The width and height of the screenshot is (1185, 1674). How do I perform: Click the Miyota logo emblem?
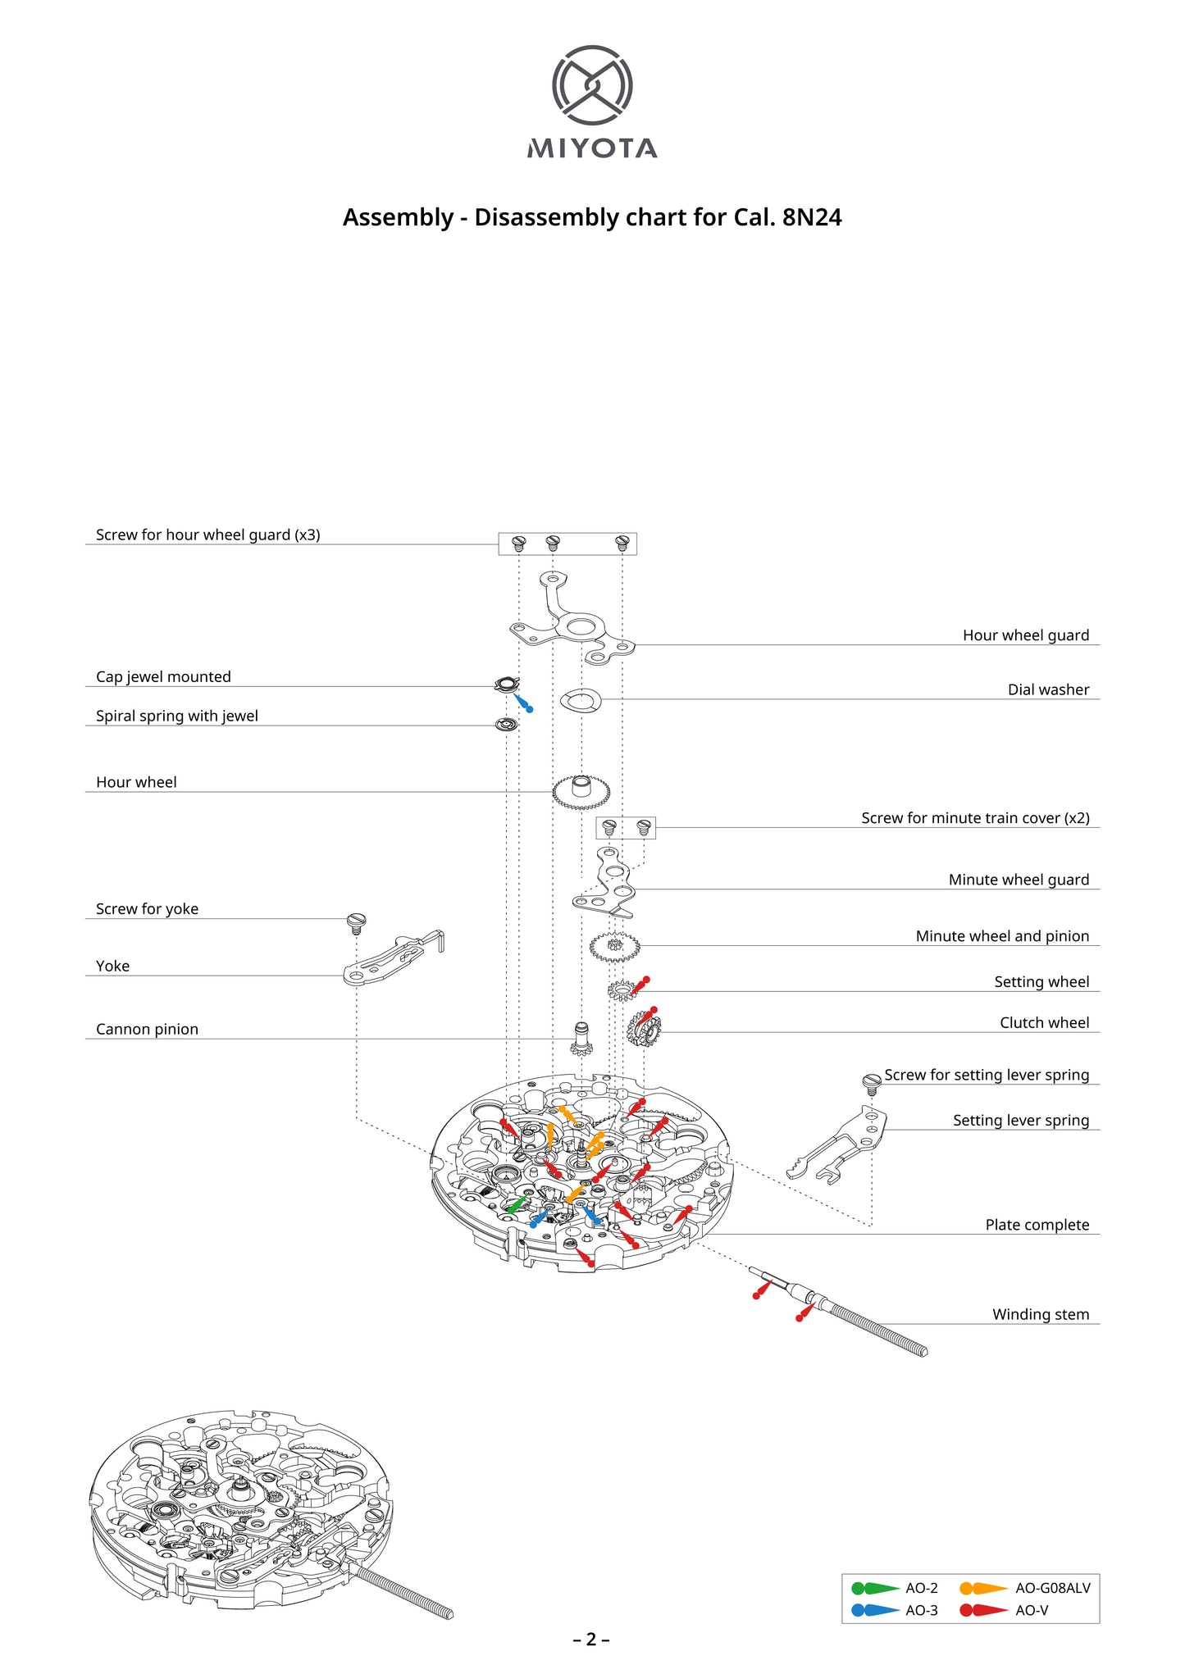coord(592,85)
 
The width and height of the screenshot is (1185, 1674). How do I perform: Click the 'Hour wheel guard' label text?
coord(1025,635)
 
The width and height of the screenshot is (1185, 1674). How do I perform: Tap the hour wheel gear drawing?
coord(581,793)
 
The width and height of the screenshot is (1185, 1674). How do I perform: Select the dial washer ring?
coord(581,701)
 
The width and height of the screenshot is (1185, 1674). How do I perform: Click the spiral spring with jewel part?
coord(507,725)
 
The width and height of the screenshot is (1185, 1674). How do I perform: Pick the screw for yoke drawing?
coord(356,922)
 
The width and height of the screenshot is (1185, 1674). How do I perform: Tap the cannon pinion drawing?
coord(581,1039)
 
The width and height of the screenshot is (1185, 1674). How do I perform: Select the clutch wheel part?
coord(644,1030)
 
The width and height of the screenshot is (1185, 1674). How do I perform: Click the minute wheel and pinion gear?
coord(614,948)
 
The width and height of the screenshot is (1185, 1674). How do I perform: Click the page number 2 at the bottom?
coord(591,1640)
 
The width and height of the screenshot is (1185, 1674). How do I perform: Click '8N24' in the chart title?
coord(812,218)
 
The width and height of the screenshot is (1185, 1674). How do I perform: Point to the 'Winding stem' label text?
coord(1040,1314)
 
